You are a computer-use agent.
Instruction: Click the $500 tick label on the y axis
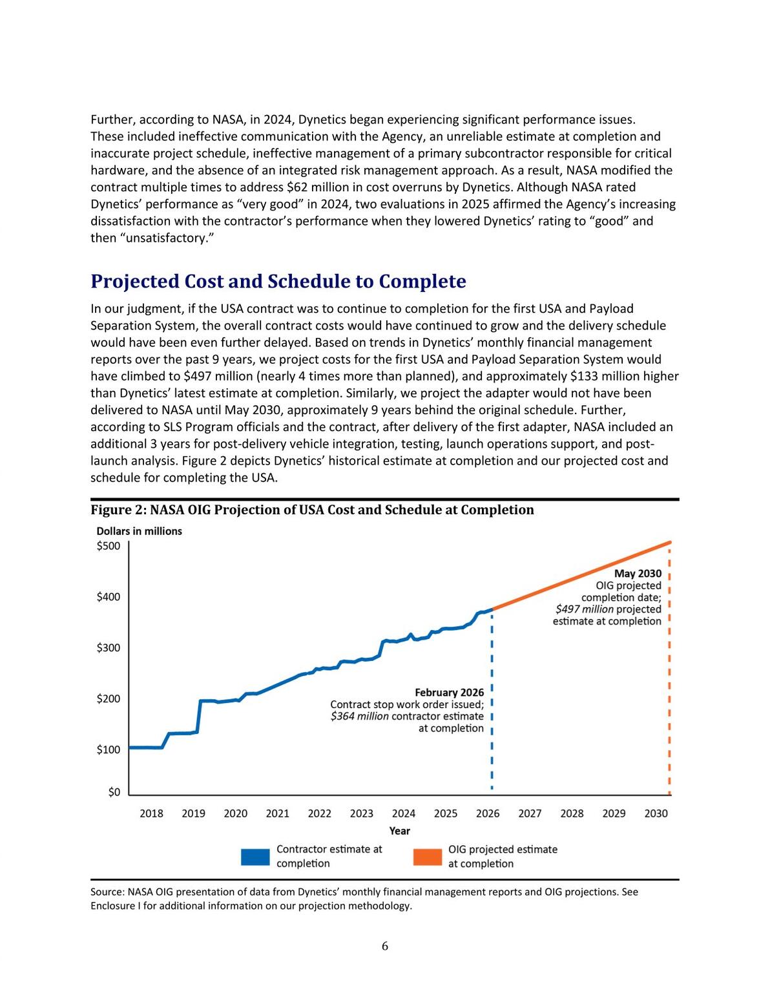tap(109, 546)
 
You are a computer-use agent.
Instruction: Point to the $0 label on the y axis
tap(114, 792)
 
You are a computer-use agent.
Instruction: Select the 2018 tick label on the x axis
tap(151, 813)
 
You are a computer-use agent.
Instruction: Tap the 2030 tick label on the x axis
tap(656, 813)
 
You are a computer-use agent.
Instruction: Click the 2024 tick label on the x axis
tap(404, 813)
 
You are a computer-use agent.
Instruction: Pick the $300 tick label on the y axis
tap(109, 648)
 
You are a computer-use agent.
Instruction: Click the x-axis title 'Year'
tap(399, 831)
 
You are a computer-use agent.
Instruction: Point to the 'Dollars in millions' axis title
tap(139, 531)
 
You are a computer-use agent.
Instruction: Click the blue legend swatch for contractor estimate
tap(255, 857)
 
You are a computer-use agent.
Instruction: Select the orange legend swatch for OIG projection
tap(428, 857)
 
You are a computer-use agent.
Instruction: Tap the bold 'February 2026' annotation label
tap(450, 693)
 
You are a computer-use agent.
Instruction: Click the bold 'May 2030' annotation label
tap(638, 574)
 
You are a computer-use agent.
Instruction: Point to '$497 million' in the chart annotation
tap(584, 609)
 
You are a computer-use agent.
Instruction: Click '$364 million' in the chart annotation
tap(360, 716)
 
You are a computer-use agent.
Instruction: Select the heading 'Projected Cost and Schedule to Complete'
tap(278, 281)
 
